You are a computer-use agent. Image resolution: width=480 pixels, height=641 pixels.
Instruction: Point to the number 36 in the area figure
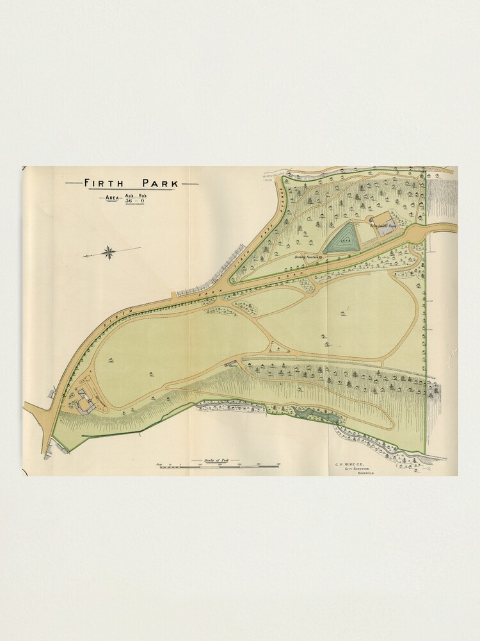[129, 201]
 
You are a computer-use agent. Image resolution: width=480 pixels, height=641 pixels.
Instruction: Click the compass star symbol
[109, 252]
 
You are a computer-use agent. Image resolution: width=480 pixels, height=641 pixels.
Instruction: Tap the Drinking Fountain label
[305, 257]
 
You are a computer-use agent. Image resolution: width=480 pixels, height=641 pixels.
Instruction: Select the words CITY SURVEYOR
[358, 469]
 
